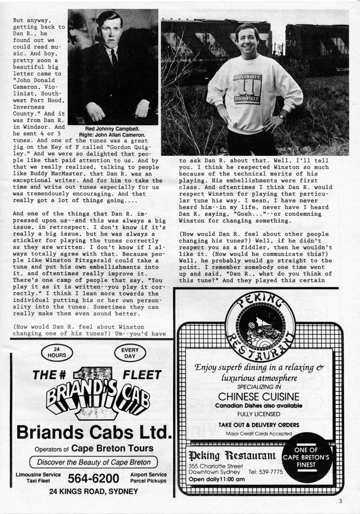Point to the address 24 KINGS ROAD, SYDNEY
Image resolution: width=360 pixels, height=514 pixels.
click(93, 491)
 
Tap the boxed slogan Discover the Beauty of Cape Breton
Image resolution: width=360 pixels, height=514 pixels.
click(94, 461)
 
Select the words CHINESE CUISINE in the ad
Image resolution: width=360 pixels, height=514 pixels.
click(259, 396)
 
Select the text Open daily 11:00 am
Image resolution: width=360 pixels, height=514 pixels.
click(217, 479)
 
